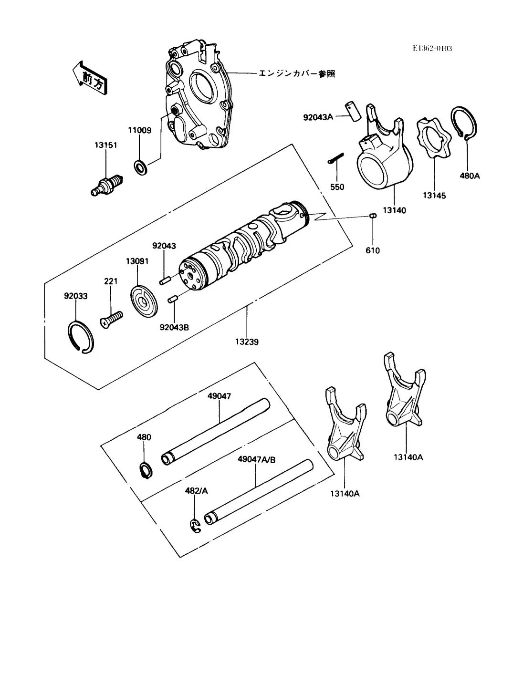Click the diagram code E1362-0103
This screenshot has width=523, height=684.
coord(432,48)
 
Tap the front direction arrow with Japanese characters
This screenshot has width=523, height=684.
coord(90,78)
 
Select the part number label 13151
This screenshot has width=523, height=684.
coord(105,145)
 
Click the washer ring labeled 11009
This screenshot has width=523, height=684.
coord(141,167)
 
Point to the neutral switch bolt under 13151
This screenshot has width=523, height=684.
coord(107,186)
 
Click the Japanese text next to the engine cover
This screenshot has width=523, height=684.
coord(297,73)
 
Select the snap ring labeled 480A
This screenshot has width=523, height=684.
coord(464,123)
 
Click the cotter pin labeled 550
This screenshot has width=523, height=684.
coord(335,158)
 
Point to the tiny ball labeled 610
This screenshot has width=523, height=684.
coord(373,216)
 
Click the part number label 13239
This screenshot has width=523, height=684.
coord(247,342)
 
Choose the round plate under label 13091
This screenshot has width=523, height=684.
coord(144,301)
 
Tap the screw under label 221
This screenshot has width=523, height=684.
coord(111,320)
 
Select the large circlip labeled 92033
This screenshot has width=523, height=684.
coord(81,337)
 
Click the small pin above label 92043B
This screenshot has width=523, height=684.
coord(172,299)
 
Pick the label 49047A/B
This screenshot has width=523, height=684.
coord(257,460)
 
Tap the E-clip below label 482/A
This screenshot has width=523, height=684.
coord(196,526)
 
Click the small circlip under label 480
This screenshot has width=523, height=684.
coord(146,471)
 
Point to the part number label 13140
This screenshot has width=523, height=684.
coord(394,210)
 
